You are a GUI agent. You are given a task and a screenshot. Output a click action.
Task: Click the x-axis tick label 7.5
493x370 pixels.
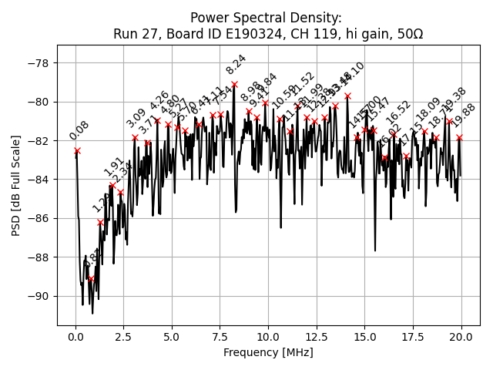coord(220,337)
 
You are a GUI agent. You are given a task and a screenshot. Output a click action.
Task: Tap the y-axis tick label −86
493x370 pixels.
coord(38,218)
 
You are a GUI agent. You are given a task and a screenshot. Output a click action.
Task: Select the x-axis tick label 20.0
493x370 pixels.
coord(461,337)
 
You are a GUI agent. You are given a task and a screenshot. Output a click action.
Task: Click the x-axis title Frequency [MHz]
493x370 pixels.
coord(268,352)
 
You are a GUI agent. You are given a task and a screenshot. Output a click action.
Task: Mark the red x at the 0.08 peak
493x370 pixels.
coord(77,151)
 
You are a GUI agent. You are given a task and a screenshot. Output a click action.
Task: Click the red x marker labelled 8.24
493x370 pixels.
coord(234,84)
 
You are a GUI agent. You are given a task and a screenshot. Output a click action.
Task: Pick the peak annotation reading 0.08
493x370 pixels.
coord(79,130)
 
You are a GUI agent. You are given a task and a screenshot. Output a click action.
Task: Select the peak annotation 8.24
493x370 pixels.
coord(236,64)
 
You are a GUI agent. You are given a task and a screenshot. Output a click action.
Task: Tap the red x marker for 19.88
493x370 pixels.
coord(459,138)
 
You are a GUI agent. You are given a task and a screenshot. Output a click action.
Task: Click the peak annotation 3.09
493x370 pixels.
coord(136,118)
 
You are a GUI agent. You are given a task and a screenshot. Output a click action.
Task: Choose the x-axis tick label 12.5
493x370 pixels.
coord(317,337)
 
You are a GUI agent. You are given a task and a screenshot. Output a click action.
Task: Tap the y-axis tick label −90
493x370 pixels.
coord(38,296)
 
